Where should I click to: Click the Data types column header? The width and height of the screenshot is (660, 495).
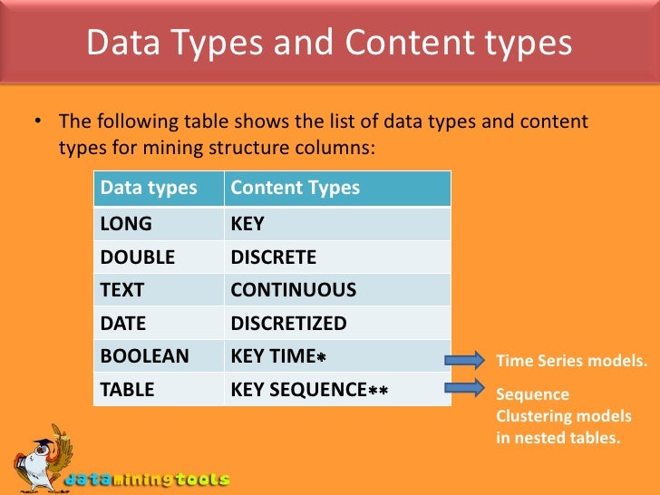[149, 189]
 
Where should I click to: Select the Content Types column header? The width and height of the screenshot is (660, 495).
[295, 189]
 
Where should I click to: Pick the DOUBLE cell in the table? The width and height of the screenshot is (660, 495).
[137, 257]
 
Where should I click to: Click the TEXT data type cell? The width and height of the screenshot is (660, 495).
[121, 290]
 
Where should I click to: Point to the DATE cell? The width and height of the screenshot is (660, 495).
[122, 324]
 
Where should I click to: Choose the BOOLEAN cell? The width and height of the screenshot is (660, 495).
[144, 356]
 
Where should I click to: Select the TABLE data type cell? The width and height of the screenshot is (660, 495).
[127, 390]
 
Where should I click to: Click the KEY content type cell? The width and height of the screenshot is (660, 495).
[247, 223]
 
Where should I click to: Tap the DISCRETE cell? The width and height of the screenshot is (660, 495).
[274, 257]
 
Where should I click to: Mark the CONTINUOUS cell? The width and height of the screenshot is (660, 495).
[294, 290]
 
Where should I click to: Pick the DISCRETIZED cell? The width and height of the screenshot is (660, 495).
[288, 324]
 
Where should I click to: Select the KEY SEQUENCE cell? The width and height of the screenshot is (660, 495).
[309, 390]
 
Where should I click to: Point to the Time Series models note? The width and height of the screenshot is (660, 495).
[571, 362]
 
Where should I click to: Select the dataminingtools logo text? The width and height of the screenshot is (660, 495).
[145, 479]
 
